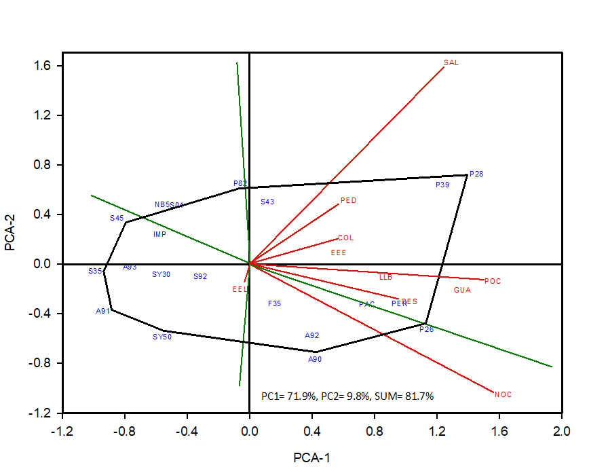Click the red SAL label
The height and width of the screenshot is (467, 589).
(451, 62)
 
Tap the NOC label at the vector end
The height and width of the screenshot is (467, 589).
(503, 394)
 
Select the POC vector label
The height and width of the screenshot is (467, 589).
(493, 281)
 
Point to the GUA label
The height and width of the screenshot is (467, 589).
(462, 290)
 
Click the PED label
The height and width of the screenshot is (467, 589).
(348, 201)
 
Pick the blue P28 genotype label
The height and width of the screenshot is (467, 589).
(476, 174)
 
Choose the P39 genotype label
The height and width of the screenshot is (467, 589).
(442, 185)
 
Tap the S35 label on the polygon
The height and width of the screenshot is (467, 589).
(95, 271)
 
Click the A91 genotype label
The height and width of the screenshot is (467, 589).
(102, 311)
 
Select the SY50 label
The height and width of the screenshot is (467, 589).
(162, 337)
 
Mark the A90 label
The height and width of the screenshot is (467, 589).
(315, 359)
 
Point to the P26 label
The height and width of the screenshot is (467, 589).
(426, 329)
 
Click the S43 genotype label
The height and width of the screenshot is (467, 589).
(267, 202)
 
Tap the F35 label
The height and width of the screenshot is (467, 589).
(274, 303)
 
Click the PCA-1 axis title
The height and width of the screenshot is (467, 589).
(311, 457)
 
